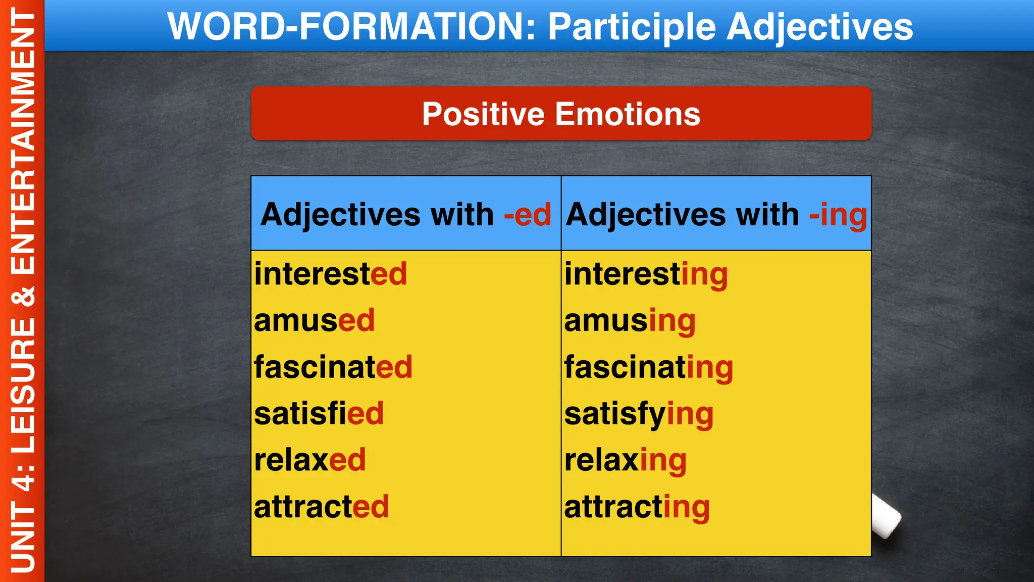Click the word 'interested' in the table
click(330, 274)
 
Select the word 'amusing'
click(630, 321)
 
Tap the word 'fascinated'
click(333, 367)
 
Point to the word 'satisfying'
click(639, 414)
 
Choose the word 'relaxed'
click(309, 460)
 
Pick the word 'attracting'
click(637, 507)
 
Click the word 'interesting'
click(646, 274)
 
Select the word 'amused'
click(314, 321)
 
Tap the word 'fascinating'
click(648, 367)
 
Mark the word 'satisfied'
click(319, 414)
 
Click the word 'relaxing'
click(625, 461)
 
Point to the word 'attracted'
click(322, 507)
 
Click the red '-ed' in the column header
click(527, 215)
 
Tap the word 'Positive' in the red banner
click(484, 114)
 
